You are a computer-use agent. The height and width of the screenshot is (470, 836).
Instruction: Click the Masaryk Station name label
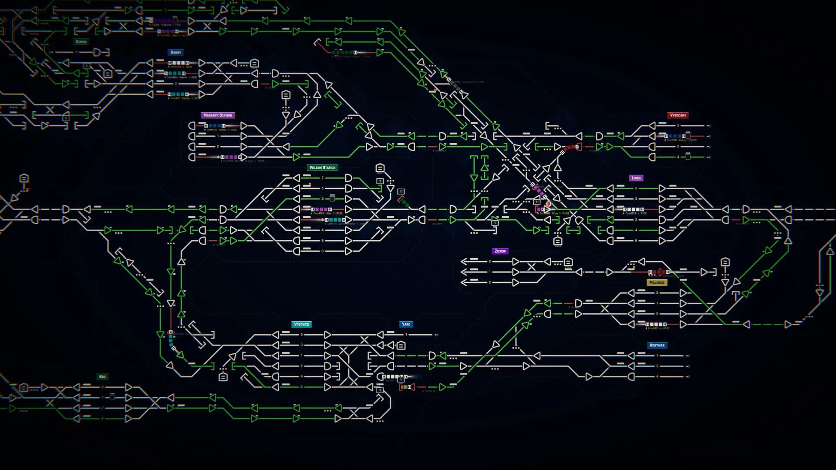click(x=218, y=115)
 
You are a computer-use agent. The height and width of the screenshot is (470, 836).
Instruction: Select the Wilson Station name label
click(x=322, y=168)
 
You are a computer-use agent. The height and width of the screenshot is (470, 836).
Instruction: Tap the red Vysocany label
click(x=678, y=115)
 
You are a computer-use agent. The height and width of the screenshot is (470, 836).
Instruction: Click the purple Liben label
click(x=636, y=178)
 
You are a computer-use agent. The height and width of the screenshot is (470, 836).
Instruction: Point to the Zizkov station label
click(x=500, y=251)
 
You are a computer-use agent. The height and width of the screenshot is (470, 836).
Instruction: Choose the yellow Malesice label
click(x=657, y=282)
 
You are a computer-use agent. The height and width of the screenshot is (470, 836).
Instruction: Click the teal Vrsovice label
click(x=301, y=324)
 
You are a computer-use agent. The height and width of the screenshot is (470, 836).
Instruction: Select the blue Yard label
click(x=406, y=324)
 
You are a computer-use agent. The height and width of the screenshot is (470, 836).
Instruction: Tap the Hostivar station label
click(x=657, y=345)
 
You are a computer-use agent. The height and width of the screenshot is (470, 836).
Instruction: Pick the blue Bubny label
click(x=175, y=52)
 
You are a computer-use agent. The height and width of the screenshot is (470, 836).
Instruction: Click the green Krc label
click(x=102, y=376)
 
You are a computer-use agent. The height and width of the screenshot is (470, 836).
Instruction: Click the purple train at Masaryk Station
click(x=231, y=157)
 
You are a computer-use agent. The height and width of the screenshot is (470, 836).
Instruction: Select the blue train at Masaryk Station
click(x=215, y=126)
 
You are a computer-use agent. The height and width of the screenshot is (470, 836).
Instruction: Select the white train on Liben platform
click(x=634, y=209)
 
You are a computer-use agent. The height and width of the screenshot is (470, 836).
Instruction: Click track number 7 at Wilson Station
click(x=323, y=178)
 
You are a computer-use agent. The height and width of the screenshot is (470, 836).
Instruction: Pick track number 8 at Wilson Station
click(x=323, y=251)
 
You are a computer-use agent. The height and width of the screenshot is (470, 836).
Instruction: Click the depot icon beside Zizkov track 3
click(x=568, y=262)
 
